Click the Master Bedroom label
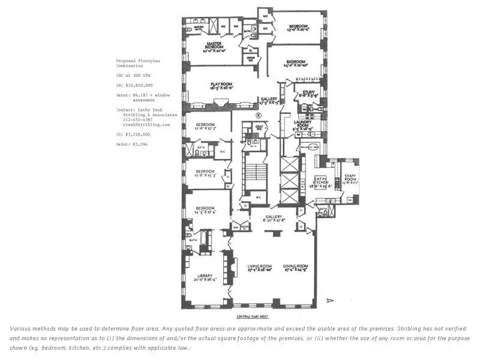coord(214,46)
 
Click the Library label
coord(205,277)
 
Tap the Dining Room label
coord(296,268)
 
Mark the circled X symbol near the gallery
coord(259,115)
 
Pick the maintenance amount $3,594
coord(135,144)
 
